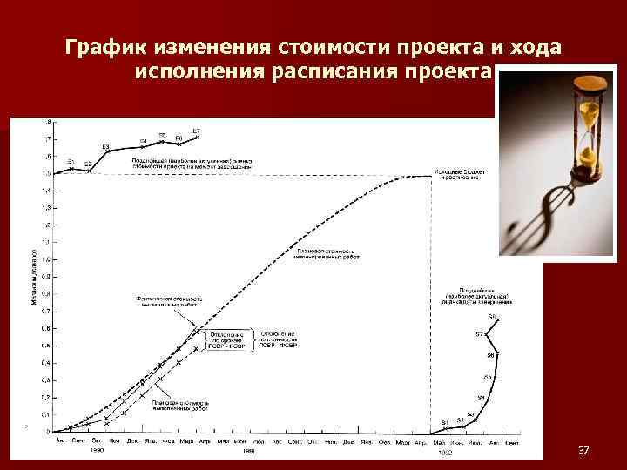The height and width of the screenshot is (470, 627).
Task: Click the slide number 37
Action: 583,450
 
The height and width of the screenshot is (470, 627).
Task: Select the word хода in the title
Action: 538,45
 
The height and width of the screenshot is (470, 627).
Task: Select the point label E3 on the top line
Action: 105,146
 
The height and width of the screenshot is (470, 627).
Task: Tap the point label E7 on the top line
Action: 197,131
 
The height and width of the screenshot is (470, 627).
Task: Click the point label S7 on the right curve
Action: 479,334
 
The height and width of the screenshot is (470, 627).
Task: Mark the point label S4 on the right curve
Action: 481,398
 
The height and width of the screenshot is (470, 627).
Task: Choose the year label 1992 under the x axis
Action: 445,452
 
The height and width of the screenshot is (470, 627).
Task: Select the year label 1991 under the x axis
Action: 248,451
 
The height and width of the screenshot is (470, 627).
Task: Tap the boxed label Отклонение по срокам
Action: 224,339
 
